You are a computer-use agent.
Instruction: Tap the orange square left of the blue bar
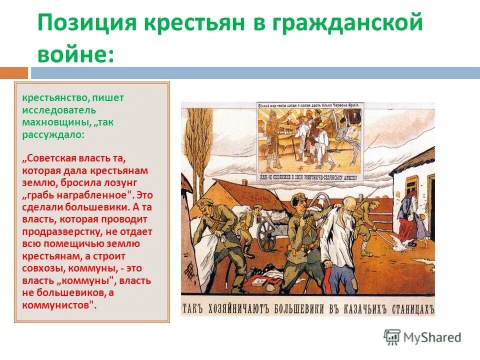click(13, 73)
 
